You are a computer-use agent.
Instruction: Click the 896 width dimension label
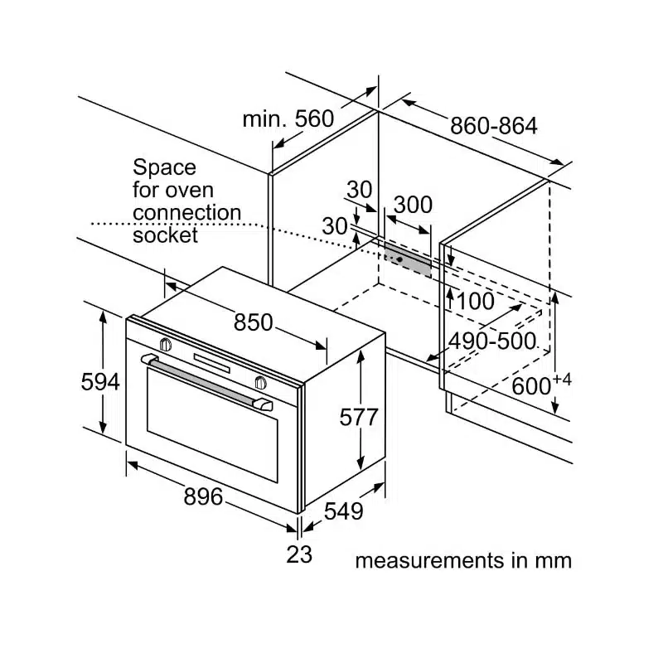pyautogui.click(x=203, y=496)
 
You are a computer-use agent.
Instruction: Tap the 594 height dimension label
pyautogui.click(x=100, y=382)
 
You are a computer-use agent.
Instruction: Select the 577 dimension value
pyautogui.click(x=359, y=417)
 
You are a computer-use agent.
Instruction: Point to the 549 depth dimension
pyautogui.click(x=342, y=511)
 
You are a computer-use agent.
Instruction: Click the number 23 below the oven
pyautogui.click(x=299, y=554)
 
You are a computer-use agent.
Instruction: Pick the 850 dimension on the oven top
pyautogui.click(x=253, y=322)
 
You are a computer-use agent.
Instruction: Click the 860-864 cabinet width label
pyautogui.click(x=493, y=126)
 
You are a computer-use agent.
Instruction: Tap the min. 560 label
pyautogui.click(x=288, y=119)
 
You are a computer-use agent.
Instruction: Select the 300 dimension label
pyautogui.click(x=412, y=204)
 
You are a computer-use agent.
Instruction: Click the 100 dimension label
pyautogui.click(x=475, y=302)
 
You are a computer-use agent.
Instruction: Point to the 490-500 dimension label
pyautogui.click(x=492, y=341)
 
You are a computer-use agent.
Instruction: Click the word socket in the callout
pyautogui.click(x=166, y=235)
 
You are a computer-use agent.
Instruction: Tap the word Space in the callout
pyautogui.click(x=165, y=167)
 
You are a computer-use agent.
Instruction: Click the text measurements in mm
pyautogui.click(x=463, y=560)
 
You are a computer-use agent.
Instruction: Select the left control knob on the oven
pyautogui.click(x=165, y=343)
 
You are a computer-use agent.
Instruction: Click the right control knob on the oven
pyautogui.click(x=261, y=382)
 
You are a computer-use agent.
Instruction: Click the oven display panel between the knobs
pyautogui.click(x=212, y=362)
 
